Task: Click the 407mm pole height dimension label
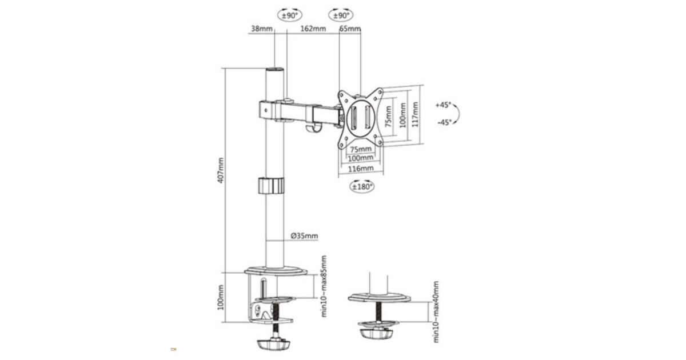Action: click(221, 170)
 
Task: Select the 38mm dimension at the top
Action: click(262, 29)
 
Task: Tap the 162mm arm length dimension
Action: click(313, 29)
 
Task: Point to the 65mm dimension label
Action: click(350, 29)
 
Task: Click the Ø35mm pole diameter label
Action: click(304, 235)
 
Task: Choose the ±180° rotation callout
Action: click(362, 186)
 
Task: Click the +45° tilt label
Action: click(444, 105)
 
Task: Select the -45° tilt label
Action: click(444, 122)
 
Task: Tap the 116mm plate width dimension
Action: click(361, 169)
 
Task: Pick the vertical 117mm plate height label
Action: click(415, 115)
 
